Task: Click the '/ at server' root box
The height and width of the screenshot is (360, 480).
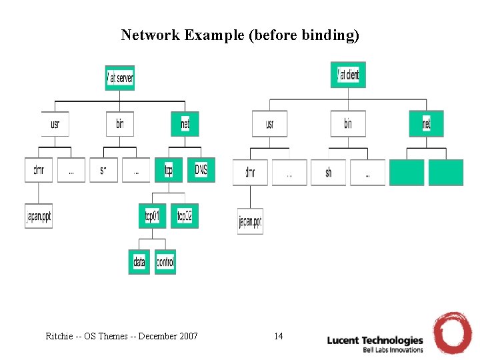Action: pyautogui.click(x=120, y=78)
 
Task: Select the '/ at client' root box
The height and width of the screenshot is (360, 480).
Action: pyautogui.click(x=348, y=75)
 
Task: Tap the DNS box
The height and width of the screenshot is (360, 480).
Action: pyautogui.click(x=201, y=170)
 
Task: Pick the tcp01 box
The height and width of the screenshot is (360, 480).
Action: pyautogui.click(x=152, y=215)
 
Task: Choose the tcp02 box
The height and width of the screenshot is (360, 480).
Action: pyautogui.click(x=185, y=215)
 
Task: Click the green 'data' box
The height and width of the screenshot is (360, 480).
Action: pyautogui.click(x=139, y=262)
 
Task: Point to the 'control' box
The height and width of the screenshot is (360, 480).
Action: pyautogui.click(x=165, y=262)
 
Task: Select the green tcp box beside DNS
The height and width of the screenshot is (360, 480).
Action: pyautogui.click(x=169, y=170)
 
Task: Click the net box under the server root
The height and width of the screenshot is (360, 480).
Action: pyautogui.click(x=185, y=123)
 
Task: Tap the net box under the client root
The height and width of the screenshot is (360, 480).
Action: pyautogui.click(x=426, y=123)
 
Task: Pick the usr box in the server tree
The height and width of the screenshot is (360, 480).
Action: pyautogui.click(x=55, y=123)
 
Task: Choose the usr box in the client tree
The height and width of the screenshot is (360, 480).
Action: pyautogui.click(x=269, y=123)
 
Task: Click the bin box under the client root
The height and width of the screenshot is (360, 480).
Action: pyautogui.click(x=348, y=123)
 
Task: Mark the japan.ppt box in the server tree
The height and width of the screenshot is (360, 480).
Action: pyautogui.click(x=38, y=216)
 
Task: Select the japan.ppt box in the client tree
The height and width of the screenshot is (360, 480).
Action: pyautogui.click(x=250, y=221)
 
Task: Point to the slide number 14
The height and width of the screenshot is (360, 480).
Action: pyautogui.click(x=278, y=336)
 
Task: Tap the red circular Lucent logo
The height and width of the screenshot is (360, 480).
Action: pyautogui.click(x=453, y=332)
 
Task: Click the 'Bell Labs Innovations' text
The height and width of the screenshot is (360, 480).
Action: pyautogui.click(x=393, y=349)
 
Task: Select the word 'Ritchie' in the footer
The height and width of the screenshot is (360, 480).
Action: pyautogui.click(x=59, y=336)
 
